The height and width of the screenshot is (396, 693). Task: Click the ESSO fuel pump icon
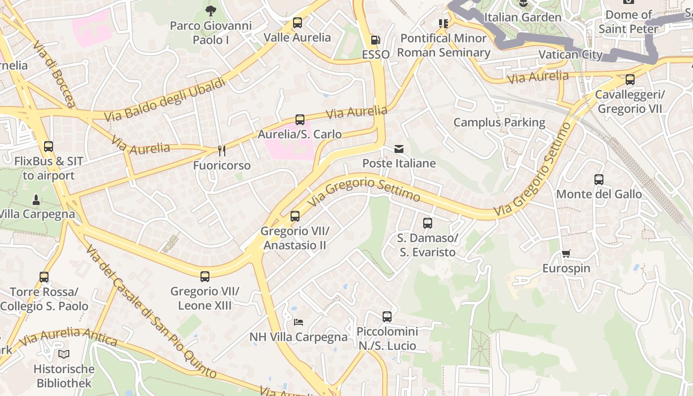(376, 40)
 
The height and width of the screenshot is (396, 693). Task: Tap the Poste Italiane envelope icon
(399, 149)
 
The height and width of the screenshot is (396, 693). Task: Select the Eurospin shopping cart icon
(566, 254)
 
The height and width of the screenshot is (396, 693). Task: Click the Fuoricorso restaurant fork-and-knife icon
(222, 151)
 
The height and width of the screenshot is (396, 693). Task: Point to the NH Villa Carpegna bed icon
(298, 322)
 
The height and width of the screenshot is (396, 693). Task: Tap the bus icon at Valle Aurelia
(297, 23)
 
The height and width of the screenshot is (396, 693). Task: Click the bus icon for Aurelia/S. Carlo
(300, 120)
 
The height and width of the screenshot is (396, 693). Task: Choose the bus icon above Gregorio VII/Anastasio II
(295, 216)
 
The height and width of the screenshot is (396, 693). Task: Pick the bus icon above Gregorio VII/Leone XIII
(205, 277)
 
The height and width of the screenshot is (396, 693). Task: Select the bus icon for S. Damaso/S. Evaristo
(428, 223)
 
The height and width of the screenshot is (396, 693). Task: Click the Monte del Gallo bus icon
(599, 180)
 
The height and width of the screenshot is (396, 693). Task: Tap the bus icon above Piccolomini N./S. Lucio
(387, 317)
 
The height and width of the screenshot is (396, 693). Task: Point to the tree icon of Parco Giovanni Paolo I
(211, 11)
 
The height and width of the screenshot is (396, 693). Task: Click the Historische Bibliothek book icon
(64, 354)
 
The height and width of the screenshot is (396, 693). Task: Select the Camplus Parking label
(499, 122)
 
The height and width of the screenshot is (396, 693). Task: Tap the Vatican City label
(570, 54)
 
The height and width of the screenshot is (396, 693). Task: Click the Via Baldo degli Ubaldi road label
(165, 99)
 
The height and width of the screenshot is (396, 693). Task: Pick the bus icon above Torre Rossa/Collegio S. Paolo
(44, 277)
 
